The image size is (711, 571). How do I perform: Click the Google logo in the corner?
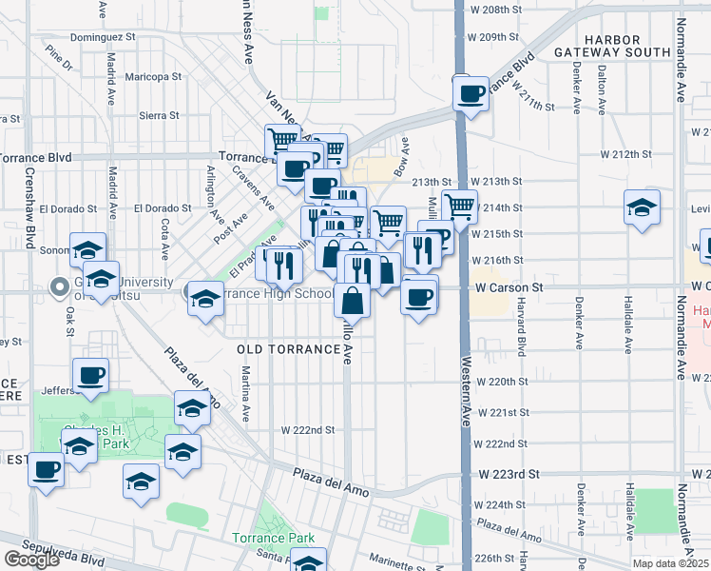click(32, 560)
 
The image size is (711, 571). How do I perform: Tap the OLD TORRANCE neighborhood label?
click(288, 349)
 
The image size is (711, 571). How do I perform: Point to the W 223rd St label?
click(509, 473)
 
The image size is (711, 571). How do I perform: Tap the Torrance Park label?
click(273, 538)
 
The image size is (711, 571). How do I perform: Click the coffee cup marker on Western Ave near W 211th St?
click(471, 93)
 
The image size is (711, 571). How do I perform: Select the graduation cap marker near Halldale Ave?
click(642, 207)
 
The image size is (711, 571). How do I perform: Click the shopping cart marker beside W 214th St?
click(459, 205)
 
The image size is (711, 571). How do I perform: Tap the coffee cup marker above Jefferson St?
click(90, 374)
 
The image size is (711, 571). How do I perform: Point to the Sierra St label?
click(159, 115)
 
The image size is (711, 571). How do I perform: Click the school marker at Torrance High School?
click(204, 299)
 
